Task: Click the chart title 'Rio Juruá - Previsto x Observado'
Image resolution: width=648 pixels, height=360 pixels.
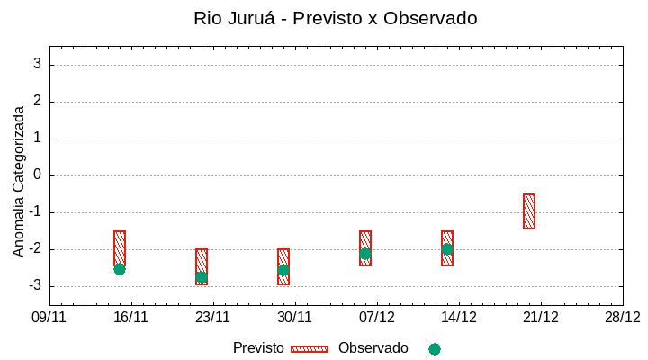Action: coord(336,18)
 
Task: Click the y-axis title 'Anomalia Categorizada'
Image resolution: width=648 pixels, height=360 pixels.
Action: coord(19,181)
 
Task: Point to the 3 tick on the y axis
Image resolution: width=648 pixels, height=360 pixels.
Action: coord(37,65)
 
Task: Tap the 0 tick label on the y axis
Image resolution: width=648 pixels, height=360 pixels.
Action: coord(37,175)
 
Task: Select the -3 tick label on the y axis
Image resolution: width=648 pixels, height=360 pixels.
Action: coord(33,286)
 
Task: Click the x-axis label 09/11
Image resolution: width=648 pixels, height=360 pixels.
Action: coord(49,317)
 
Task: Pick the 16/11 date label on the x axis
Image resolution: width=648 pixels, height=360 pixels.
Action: coord(131,317)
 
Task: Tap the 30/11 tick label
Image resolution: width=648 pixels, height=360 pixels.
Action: coord(295,317)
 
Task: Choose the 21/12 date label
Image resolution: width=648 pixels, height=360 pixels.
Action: coord(541,317)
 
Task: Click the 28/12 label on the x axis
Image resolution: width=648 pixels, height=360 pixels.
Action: coord(622,317)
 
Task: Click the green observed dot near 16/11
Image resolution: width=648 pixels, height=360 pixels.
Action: coord(120,269)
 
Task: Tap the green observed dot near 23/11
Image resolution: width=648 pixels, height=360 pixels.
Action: coord(202,277)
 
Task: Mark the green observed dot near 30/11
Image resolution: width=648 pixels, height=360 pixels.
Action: coord(283,270)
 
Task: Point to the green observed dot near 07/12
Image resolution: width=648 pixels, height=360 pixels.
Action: coord(365,254)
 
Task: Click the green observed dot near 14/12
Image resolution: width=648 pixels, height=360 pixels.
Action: coord(447,249)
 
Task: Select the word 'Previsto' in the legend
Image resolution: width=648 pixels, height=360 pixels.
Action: coord(258,348)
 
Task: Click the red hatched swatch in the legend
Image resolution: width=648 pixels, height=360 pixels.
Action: coord(310,349)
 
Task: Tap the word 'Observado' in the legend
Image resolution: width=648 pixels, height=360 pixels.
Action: coord(373,348)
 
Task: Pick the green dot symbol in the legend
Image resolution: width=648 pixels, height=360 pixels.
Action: coord(435,349)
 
